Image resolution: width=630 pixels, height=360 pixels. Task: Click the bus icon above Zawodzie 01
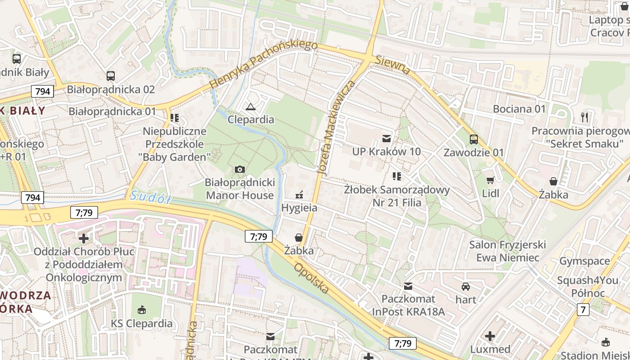point(474,139)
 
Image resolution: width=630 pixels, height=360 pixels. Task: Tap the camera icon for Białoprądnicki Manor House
point(240,169)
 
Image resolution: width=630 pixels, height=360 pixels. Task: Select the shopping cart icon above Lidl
point(490,180)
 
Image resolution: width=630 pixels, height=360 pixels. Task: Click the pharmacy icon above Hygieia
point(299,195)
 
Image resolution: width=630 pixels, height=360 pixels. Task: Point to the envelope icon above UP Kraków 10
point(386,138)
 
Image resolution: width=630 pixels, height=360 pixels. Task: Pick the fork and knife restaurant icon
point(585,117)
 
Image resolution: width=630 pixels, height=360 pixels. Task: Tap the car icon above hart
point(466,286)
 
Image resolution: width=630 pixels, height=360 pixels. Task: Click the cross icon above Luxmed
point(490,336)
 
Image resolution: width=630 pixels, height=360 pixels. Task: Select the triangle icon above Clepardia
point(251,107)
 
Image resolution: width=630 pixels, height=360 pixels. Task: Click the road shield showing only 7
point(584,309)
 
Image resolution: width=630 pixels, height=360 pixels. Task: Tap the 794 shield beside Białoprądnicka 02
point(43,91)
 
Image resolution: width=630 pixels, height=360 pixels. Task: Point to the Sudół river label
point(150,197)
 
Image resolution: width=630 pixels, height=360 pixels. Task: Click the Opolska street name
point(311,279)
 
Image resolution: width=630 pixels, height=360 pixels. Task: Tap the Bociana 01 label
point(519,109)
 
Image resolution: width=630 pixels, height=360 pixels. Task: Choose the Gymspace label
point(584,261)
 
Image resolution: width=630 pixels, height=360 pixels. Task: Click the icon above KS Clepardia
point(142,310)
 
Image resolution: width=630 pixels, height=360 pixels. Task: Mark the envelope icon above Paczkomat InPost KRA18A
point(408,286)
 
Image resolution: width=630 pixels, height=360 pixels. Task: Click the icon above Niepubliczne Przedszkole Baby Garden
point(175,118)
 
